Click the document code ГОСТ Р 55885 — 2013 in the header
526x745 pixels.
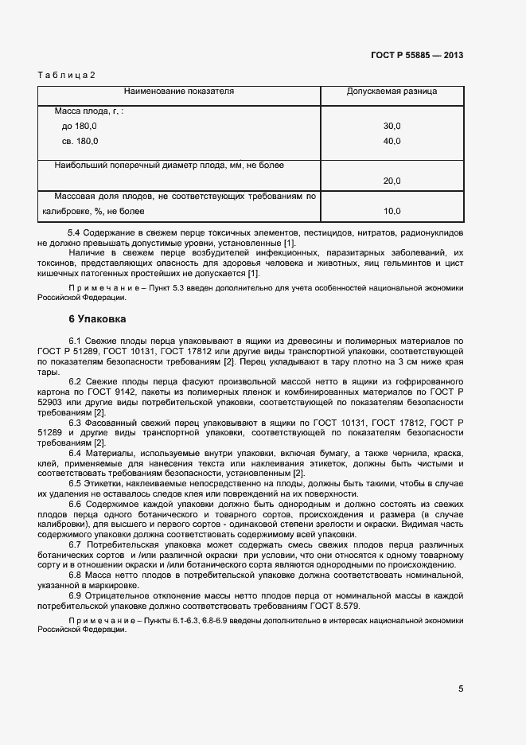(x=416, y=56)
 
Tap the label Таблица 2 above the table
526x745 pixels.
(x=66, y=76)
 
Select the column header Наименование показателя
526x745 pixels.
(x=178, y=92)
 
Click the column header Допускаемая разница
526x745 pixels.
(x=392, y=92)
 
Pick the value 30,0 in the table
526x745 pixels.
(x=392, y=127)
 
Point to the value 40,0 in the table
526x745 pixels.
(x=392, y=142)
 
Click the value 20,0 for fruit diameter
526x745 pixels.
(x=392, y=181)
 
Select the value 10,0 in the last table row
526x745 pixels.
(x=392, y=212)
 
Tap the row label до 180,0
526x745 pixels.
(x=79, y=127)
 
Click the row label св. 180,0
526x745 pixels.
(x=80, y=142)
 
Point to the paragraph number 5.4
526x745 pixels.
(x=77, y=232)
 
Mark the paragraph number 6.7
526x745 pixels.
(x=77, y=545)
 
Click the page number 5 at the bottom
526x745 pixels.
(x=460, y=689)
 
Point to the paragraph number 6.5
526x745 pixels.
(x=77, y=483)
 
